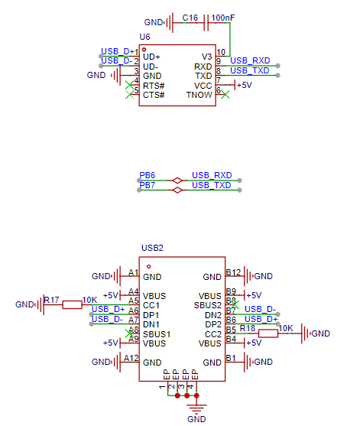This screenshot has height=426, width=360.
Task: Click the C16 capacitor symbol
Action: [206, 23]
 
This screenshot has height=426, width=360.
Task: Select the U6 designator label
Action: [144, 37]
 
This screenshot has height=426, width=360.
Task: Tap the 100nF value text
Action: [223, 18]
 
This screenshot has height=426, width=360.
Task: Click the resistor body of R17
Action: [72, 304]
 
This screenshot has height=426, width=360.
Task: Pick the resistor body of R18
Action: [268, 333]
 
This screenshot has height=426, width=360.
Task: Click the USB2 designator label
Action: [152, 248]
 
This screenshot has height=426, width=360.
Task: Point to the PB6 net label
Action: [148, 175]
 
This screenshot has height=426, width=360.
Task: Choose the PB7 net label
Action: [148, 185]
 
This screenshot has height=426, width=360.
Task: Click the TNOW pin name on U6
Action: [199, 95]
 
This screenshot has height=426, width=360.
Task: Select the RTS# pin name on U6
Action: [154, 86]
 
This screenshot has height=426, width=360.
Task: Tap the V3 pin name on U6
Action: [206, 57]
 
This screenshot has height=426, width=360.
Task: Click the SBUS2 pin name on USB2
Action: [207, 305]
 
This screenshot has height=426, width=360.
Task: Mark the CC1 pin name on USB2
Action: [151, 305]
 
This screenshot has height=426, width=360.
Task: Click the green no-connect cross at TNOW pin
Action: [225, 95]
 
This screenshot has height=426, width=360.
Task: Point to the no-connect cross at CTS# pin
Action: [129, 95]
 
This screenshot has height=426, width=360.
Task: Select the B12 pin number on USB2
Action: [233, 272]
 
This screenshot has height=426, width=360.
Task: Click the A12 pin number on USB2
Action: [131, 358]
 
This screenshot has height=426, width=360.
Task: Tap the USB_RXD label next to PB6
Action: [212, 175]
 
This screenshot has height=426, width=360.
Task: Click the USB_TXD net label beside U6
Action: [249, 70]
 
